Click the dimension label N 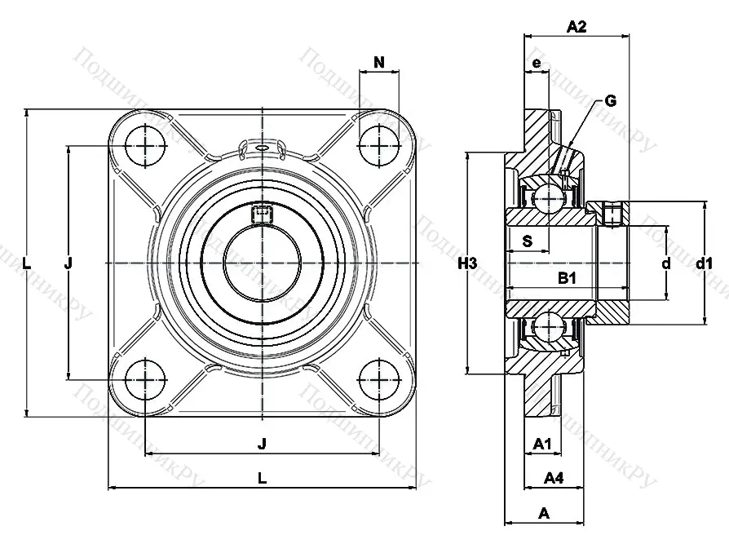click(379, 62)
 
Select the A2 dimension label click(577, 27)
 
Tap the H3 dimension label click(466, 263)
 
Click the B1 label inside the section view click(568, 279)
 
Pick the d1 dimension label click(705, 263)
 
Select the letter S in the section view click(527, 241)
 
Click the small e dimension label click(536, 63)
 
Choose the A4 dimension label click(554, 477)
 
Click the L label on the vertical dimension click(27, 263)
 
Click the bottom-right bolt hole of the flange click(379, 379)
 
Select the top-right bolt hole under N click(379, 147)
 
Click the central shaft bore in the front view click(262, 263)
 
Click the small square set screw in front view click(262, 214)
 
